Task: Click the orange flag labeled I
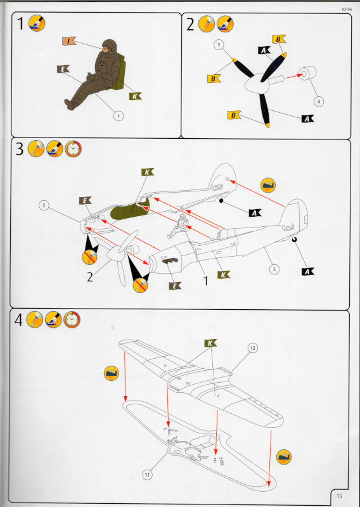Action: point(69,41)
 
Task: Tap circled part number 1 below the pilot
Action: point(119,116)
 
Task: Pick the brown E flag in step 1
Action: point(63,69)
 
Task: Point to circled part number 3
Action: point(219,44)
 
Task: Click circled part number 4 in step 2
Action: point(319,101)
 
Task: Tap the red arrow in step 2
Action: point(293,76)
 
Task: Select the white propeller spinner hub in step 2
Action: point(258,84)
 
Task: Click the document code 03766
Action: point(347,10)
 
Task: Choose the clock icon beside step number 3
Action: point(73,149)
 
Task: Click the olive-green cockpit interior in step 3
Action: point(129,210)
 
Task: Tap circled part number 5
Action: point(274,269)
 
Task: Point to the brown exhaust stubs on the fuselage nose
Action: point(170,261)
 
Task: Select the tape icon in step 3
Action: point(268,185)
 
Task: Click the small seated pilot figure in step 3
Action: point(178,227)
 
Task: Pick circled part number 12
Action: point(253,348)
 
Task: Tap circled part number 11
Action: point(147,475)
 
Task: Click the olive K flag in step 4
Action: point(210,343)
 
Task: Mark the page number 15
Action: point(339,496)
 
